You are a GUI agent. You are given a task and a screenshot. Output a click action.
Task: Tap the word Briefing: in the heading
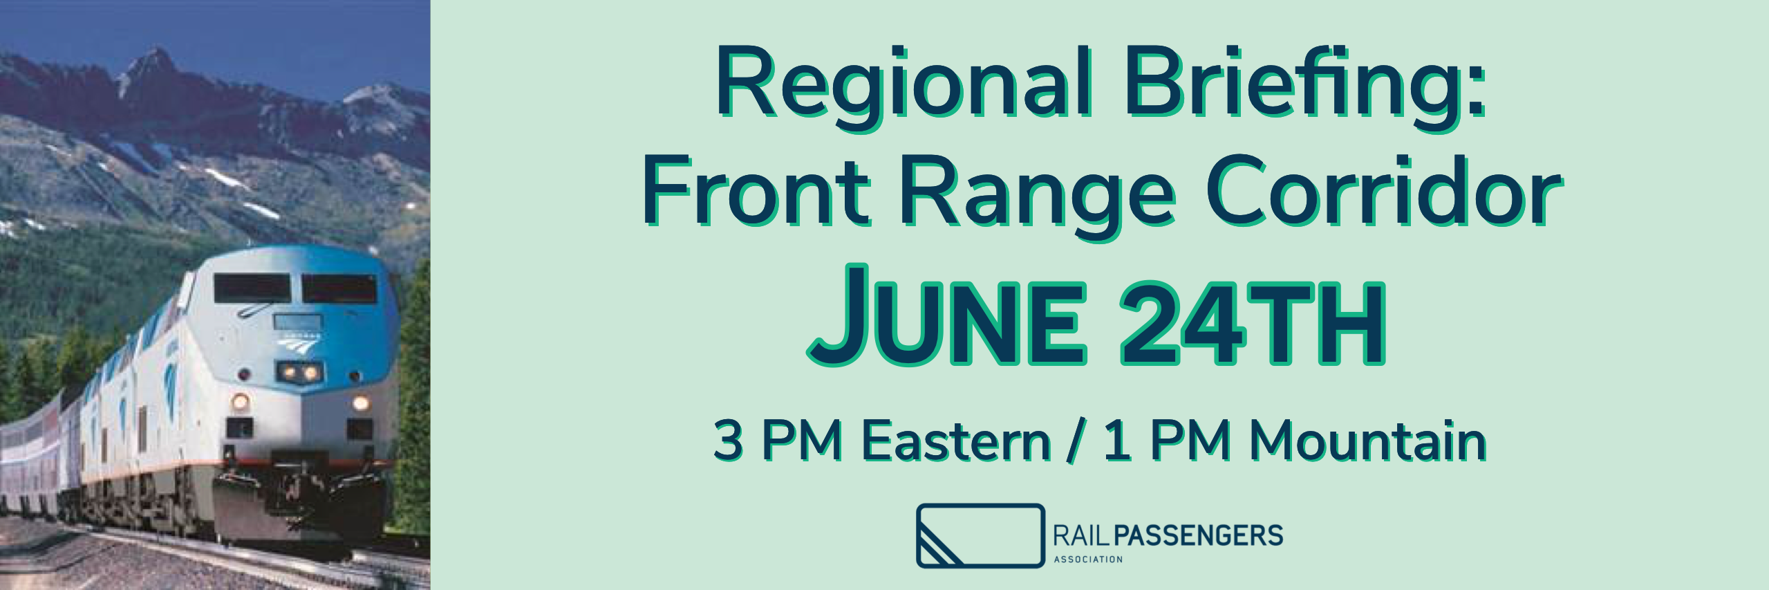pyautogui.click(x=1306, y=89)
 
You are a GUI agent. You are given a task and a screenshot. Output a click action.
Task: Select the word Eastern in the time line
pyautogui.click(x=957, y=441)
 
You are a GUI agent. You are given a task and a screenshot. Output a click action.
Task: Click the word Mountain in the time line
pyautogui.click(x=1369, y=441)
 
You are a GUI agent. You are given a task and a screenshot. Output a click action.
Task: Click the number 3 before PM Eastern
pyautogui.click(x=729, y=441)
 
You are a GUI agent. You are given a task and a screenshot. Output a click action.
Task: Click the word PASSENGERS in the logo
pyautogui.click(x=1199, y=535)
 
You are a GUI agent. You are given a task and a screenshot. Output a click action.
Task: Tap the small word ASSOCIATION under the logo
pyautogui.click(x=1088, y=559)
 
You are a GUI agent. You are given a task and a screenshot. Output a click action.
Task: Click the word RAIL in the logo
pyautogui.click(x=1082, y=535)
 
